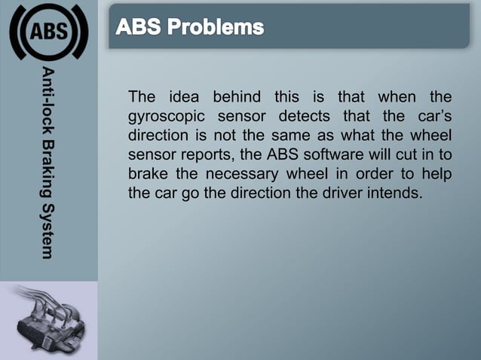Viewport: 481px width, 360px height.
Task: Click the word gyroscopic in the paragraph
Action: pyautogui.click(x=164, y=117)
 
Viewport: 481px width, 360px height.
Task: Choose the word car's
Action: pyautogui.click(x=432, y=117)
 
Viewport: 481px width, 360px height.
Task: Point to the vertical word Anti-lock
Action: pyautogui.click(x=47, y=98)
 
